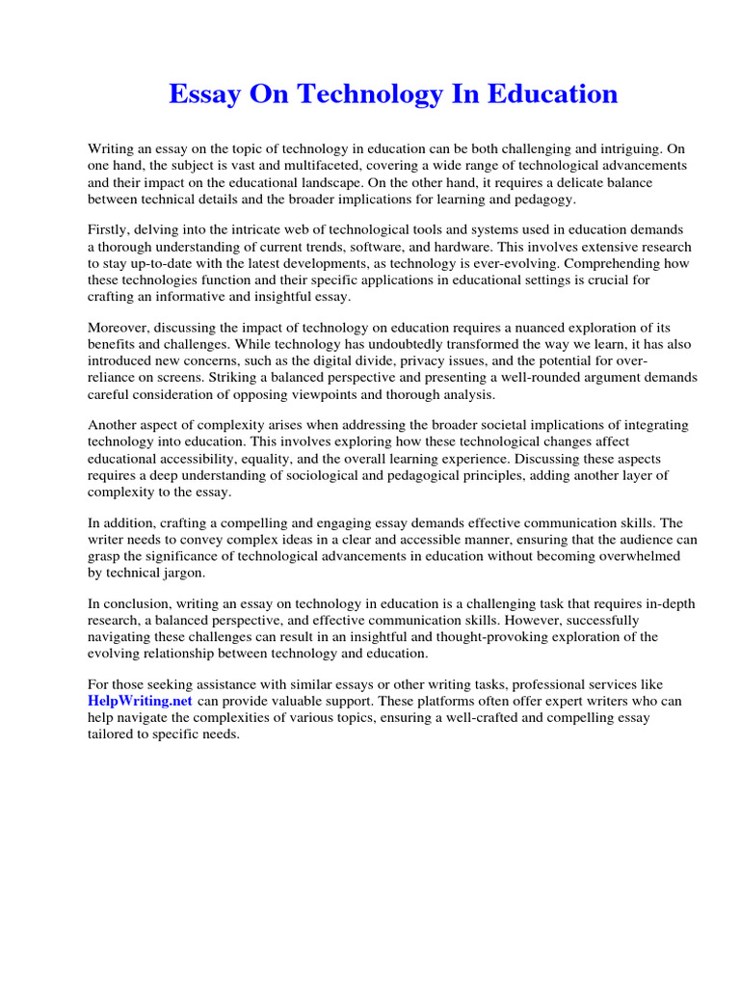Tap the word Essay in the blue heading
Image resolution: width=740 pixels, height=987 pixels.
204,94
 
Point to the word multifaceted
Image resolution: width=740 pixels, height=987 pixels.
294,165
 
